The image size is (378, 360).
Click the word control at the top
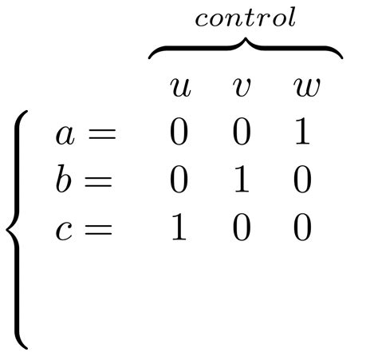246,18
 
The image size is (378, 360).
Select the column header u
181,87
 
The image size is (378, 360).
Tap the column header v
241,87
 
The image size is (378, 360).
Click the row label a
65,134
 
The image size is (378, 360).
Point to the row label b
64,180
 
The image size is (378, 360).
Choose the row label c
64,230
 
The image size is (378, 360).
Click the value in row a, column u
179,133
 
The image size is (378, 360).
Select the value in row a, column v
241,133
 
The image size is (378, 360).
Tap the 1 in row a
302,133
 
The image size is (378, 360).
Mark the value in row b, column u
179,181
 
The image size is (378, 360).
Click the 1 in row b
241,181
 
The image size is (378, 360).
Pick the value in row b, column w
302,181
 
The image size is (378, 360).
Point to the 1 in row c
179,230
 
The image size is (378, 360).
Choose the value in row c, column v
241,230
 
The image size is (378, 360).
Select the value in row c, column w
302,230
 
